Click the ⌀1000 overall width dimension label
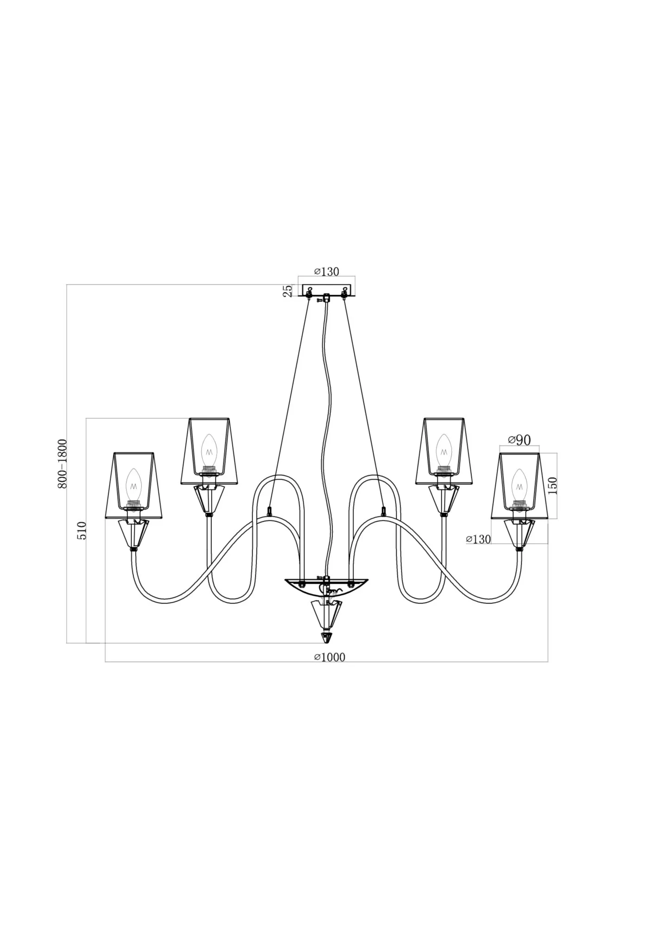click(330, 657)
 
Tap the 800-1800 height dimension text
click(62, 463)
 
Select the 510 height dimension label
click(81, 531)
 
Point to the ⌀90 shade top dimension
click(519, 440)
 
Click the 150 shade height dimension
click(552, 486)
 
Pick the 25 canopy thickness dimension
click(287, 291)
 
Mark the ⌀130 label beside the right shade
click(478, 539)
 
